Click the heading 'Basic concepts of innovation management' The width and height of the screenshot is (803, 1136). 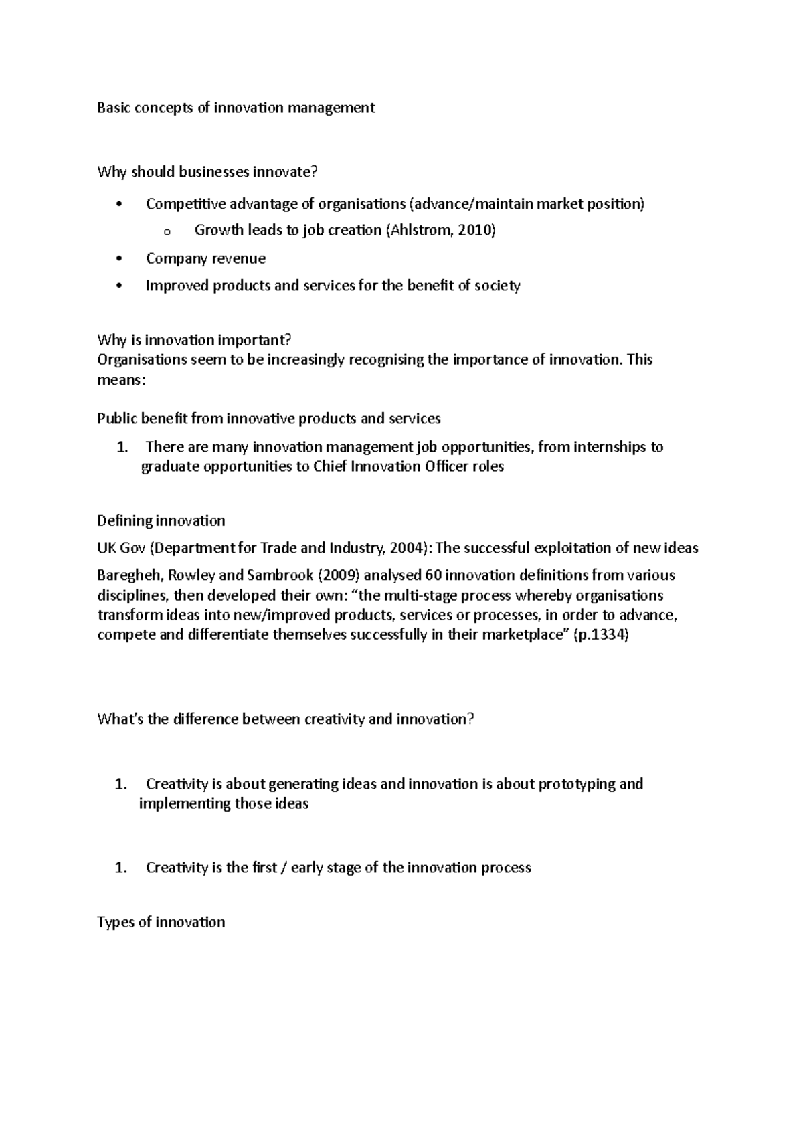pyautogui.click(x=236, y=108)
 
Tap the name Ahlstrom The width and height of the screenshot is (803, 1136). pyautogui.click(x=420, y=231)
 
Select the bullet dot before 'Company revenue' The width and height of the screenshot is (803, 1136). pyautogui.click(x=119, y=259)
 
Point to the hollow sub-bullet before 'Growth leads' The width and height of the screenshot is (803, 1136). pyautogui.click(x=167, y=232)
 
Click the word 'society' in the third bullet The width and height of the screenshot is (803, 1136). pyautogui.click(x=497, y=286)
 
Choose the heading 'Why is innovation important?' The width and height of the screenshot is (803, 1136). pyautogui.click(x=195, y=340)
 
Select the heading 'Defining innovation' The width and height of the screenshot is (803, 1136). pyautogui.click(x=161, y=520)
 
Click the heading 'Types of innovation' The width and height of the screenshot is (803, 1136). pyautogui.click(x=161, y=922)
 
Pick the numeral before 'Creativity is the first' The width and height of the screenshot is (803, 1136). pyautogui.click(x=120, y=868)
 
